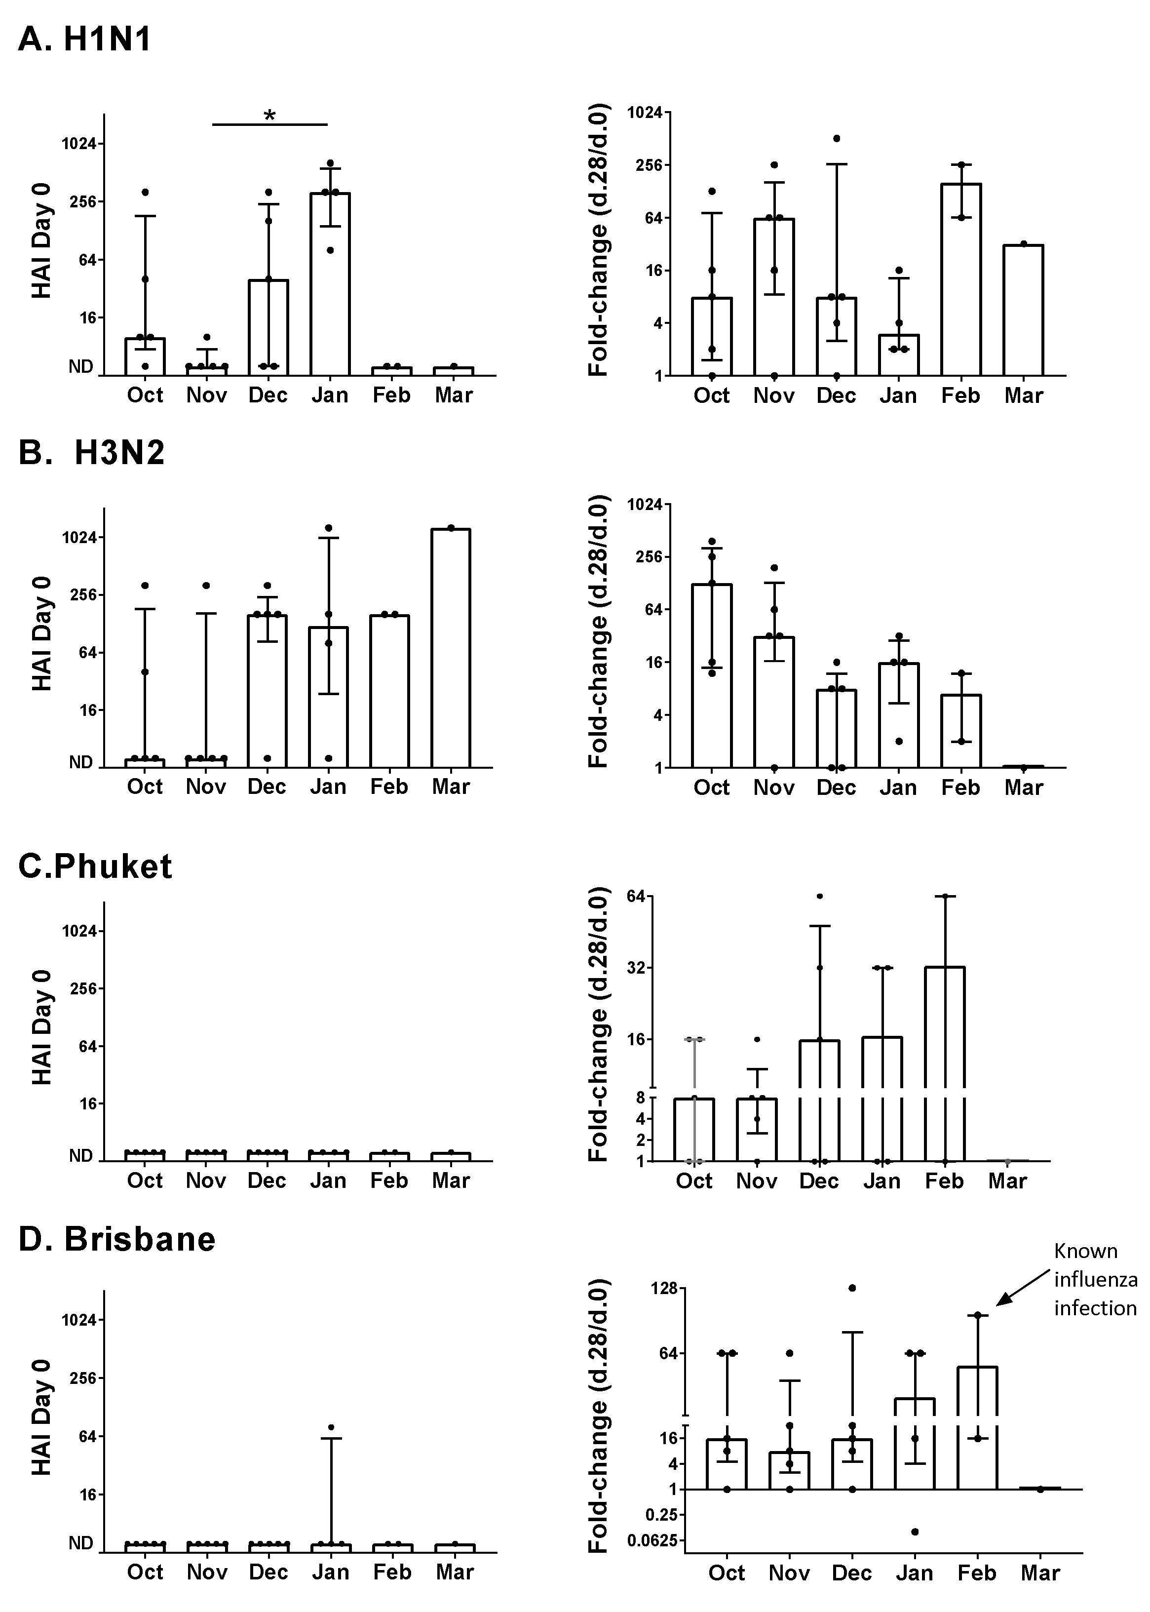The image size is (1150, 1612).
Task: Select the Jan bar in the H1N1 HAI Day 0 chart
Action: (330, 283)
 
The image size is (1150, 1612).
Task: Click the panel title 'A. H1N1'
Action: (84, 39)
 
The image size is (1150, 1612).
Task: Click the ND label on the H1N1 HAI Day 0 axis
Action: (81, 367)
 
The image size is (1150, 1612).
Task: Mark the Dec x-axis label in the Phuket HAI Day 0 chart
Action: (267, 1180)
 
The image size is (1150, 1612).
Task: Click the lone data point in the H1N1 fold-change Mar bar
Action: (1023, 243)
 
